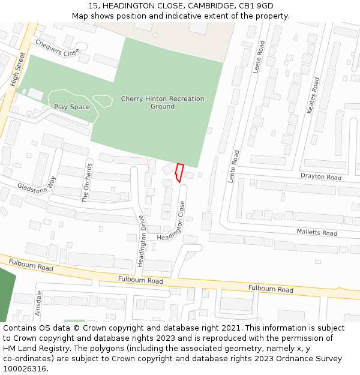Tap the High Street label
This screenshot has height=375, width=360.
[18, 70]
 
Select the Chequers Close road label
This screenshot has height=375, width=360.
[57, 47]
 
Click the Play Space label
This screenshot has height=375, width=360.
[72, 107]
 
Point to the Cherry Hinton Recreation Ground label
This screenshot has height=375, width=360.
[163, 103]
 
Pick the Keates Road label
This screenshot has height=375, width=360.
[313, 95]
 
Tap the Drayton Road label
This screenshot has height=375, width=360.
[320, 177]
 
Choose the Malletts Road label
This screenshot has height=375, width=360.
[317, 232]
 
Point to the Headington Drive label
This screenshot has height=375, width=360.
[142, 241]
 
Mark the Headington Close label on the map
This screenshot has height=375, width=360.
[178, 220]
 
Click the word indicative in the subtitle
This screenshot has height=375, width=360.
[184, 16]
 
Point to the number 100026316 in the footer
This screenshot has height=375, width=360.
[26, 368]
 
